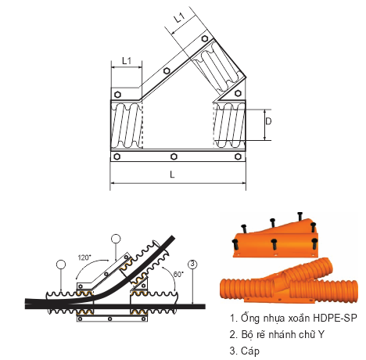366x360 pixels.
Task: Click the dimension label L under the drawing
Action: point(172,175)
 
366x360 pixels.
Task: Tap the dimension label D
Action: point(268,121)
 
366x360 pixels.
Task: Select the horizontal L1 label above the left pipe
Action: point(127,61)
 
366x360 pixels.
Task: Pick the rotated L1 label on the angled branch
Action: point(179,18)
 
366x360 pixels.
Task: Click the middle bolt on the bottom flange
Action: point(174,157)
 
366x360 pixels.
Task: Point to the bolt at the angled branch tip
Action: point(205,39)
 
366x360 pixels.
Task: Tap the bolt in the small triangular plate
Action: point(238,93)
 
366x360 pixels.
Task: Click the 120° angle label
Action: point(84,257)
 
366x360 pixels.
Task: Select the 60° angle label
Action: point(178,275)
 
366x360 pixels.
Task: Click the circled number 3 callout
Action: point(192,265)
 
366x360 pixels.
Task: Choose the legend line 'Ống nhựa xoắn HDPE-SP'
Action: point(293,319)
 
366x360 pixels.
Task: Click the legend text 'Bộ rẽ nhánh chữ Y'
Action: point(277,334)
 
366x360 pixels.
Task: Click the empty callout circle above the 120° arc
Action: point(116,239)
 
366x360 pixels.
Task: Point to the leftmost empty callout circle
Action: point(61,265)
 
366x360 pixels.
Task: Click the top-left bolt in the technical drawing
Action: point(117,95)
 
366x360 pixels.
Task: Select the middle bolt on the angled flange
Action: point(167,71)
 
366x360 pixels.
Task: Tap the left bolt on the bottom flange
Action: point(117,157)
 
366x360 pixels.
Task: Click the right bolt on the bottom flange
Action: point(238,157)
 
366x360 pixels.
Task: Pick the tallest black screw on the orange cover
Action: point(300,217)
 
